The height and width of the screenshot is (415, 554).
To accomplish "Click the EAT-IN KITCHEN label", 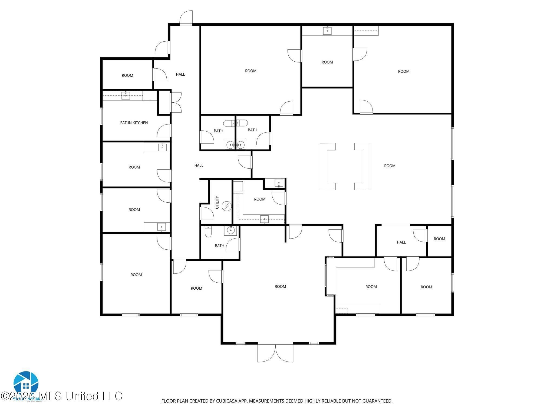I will (x=134, y=123).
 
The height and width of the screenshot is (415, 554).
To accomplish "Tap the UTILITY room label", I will (x=217, y=202).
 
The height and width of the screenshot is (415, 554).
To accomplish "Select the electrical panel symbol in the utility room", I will (x=227, y=206).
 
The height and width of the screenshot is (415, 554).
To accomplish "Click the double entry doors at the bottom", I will (x=275, y=353).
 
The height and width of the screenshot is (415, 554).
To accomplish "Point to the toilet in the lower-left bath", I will (x=208, y=232).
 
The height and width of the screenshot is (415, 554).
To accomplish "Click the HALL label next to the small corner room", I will (x=401, y=242).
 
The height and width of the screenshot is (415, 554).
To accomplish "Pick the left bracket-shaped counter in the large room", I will (x=328, y=166).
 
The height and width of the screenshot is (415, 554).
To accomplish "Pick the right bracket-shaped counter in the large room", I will (x=362, y=166).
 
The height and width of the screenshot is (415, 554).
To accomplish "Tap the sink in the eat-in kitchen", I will (x=126, y=95).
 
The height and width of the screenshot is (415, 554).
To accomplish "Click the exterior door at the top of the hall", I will (x=186, y=18).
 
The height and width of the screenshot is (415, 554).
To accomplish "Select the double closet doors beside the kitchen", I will (x=176, y=102).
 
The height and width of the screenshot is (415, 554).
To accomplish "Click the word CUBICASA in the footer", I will (x=226, y=401).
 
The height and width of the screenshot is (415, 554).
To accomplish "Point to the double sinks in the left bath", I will (x=235, y=145).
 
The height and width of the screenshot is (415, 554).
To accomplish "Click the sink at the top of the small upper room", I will (x=327, y=30).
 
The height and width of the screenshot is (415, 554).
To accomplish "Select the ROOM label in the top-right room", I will (x=404, y=71).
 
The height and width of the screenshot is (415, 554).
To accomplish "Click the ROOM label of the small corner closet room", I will (x=439, y=239).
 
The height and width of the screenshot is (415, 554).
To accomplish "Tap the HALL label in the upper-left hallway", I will (x=180, y=74).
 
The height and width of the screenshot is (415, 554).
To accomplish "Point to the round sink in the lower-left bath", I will (x=230, y=230).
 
